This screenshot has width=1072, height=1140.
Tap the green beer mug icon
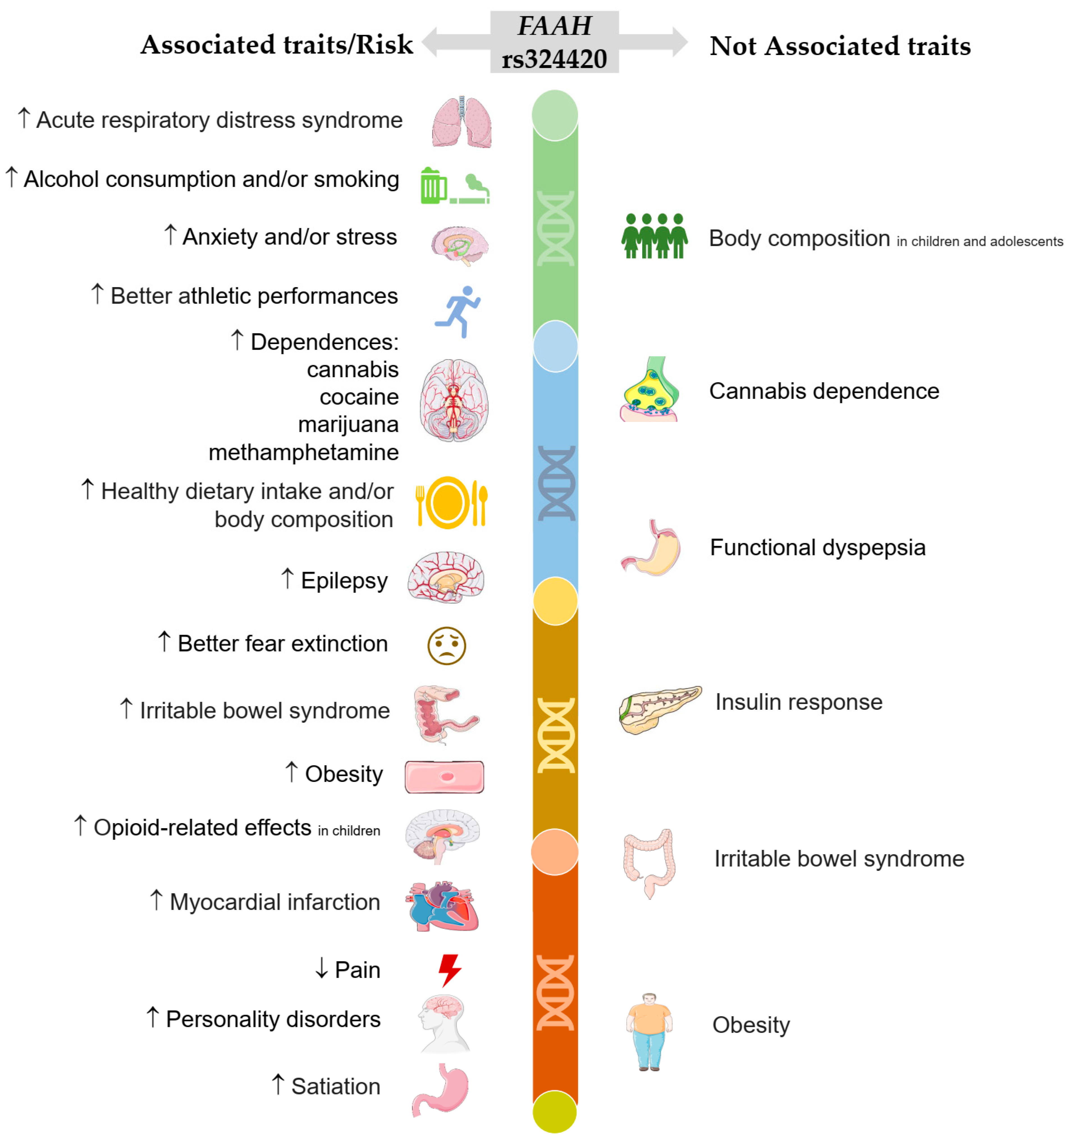433,186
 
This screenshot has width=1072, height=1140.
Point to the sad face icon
446,646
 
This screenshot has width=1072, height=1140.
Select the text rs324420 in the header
554,58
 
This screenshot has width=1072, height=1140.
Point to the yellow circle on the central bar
555,601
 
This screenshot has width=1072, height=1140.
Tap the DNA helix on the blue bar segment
555,483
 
